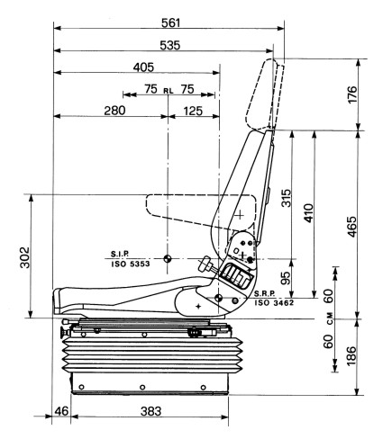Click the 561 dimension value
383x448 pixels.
170,22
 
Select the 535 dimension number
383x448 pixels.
170,45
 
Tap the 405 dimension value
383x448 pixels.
143,67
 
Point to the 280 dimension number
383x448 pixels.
114,111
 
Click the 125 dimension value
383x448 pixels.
193,111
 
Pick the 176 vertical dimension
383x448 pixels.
352,94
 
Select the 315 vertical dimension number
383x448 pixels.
287,198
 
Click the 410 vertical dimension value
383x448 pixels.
308,213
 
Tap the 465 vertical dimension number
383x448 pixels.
352,227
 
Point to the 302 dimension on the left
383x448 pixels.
24,257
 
